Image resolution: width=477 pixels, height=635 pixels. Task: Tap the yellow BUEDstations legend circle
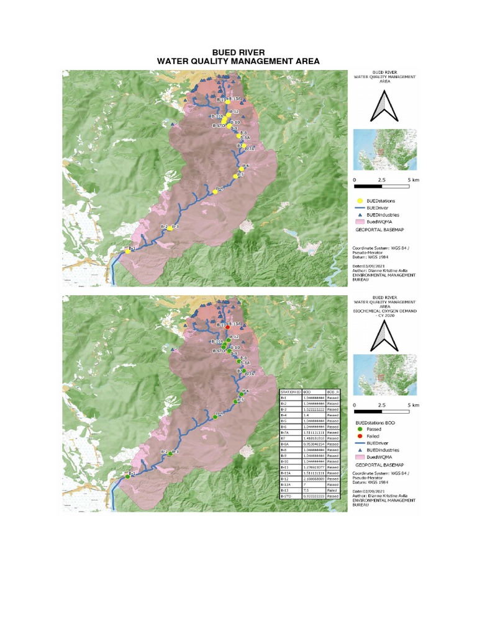pos(360,201)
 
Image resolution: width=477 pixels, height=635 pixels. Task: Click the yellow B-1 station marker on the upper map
pos(127,251)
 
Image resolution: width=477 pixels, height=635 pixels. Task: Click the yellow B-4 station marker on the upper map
pos(215,192)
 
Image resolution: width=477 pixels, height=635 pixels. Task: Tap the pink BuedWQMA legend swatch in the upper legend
pos(360,221)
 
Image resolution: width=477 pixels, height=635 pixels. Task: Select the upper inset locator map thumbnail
pos(384,149)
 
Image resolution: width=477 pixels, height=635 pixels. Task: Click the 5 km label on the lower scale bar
pos(413,404)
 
